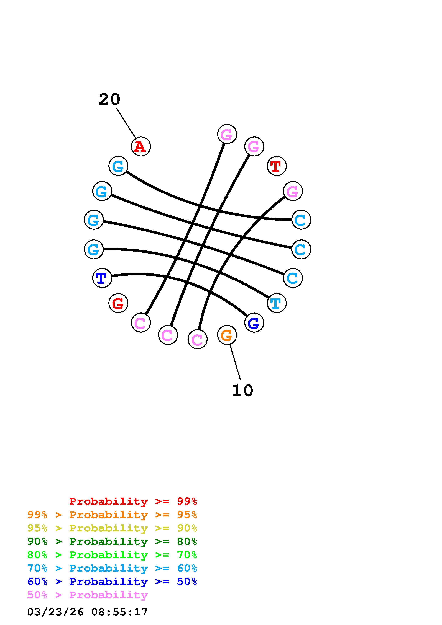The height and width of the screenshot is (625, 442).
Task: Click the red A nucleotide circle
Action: pos(141,146)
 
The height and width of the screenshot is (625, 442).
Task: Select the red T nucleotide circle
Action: pos(276,166)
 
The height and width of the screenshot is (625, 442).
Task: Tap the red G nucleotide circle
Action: pos(118,303)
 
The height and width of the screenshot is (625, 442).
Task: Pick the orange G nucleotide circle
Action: pos(227,335)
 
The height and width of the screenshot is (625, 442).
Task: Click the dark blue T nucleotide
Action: pos(102,278)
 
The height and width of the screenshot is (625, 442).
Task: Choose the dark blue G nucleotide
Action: pos(254,323)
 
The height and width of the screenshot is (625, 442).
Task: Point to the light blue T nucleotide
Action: pos(276,303)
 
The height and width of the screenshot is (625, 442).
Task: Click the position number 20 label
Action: pos(109,99)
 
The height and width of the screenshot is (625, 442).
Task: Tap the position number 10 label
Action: pos(242,391)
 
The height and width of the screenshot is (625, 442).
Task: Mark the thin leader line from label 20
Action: pos(126,123)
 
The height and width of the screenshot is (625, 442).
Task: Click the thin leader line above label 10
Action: pos(235,362)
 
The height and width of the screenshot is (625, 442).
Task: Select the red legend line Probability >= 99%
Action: pos(133,501)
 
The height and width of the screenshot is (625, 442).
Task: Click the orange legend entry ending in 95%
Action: pos(112,515)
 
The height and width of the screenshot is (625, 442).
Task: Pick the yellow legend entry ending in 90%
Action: pos(112,528)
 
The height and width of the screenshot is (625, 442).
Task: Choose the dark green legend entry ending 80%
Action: pos(112,541)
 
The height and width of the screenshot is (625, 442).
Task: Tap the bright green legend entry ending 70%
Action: pos(112,555)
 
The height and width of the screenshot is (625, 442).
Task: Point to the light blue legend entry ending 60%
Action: pos(112,568)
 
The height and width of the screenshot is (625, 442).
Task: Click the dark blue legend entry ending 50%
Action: pos(112,582)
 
